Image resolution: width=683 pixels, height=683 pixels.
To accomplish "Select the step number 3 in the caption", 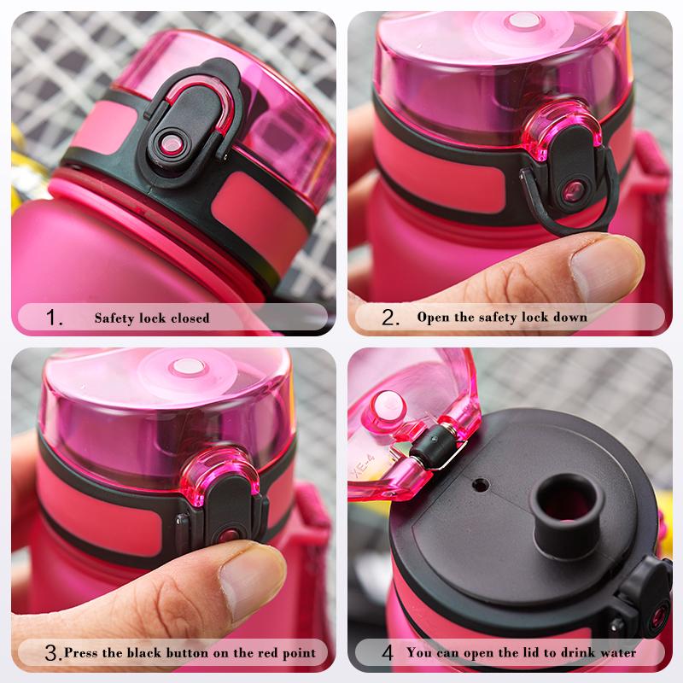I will [53, 654].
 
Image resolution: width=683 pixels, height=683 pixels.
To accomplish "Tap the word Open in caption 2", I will [432, 318].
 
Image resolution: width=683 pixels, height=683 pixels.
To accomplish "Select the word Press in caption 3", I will [82, 654].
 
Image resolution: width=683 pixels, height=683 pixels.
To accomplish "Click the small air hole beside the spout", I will [480, 486].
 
